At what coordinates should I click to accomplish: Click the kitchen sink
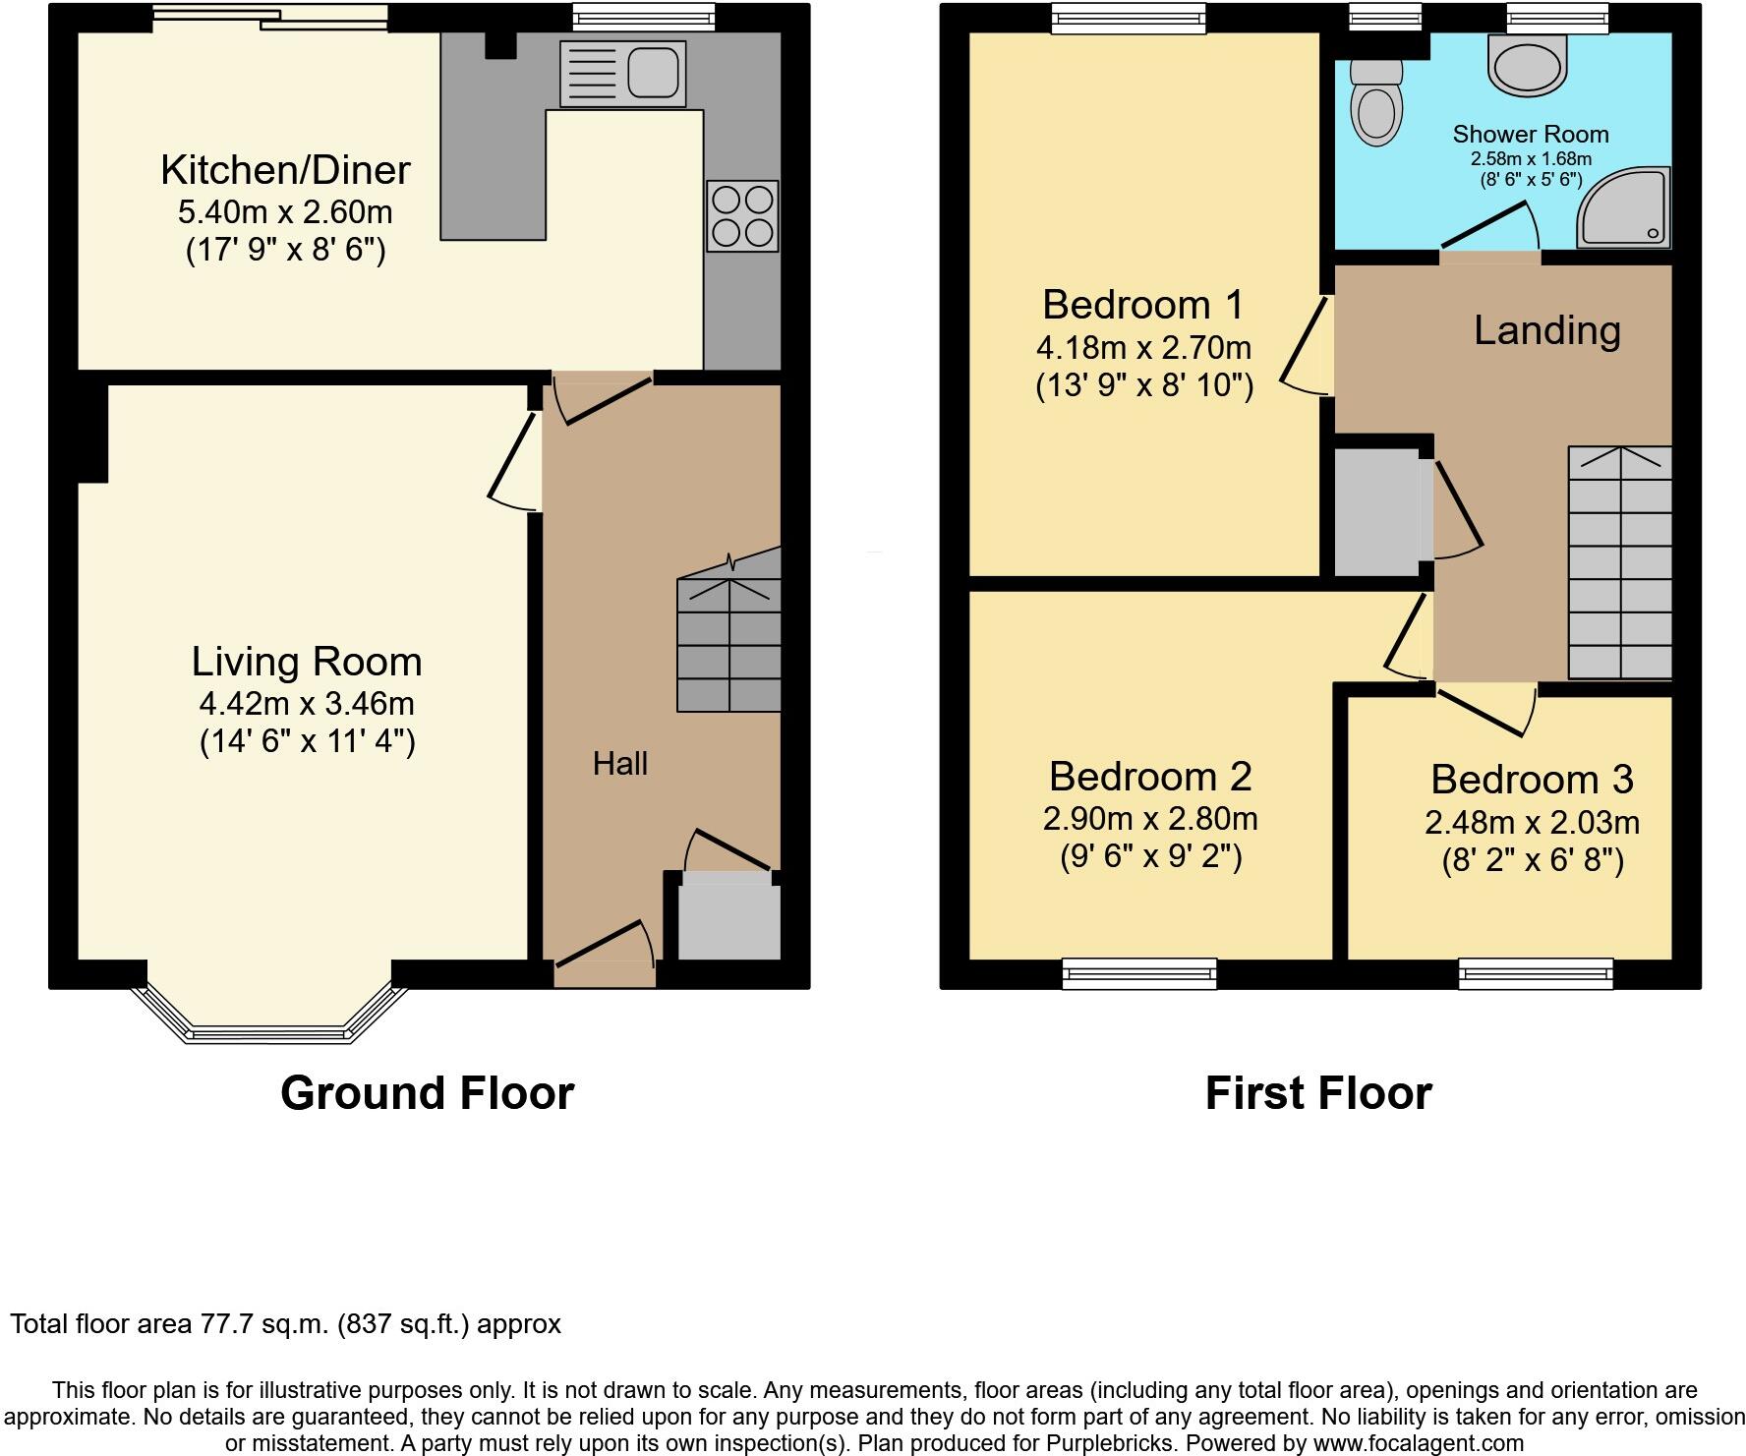[623, 73]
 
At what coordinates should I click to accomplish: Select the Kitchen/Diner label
[285, 170]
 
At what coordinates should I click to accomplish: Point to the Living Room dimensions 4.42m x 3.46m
[307, 704]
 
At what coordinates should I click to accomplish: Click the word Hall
[619, 764]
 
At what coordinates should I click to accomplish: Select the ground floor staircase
[729, 644]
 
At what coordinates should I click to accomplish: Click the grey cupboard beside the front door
[728, 920]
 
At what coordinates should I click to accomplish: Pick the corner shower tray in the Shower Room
[1623, 207]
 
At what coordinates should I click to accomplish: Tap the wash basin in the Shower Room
[1527, 66]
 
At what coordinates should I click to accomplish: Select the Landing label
[1546, 330]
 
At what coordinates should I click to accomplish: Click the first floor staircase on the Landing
[1619, 563]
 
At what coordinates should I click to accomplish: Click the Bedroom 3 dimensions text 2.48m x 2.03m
[1532, 822]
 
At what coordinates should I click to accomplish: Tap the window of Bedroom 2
[1139, 972]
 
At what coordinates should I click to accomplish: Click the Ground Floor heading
[427, 1093]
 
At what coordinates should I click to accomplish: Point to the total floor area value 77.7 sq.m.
[262, 1324]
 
